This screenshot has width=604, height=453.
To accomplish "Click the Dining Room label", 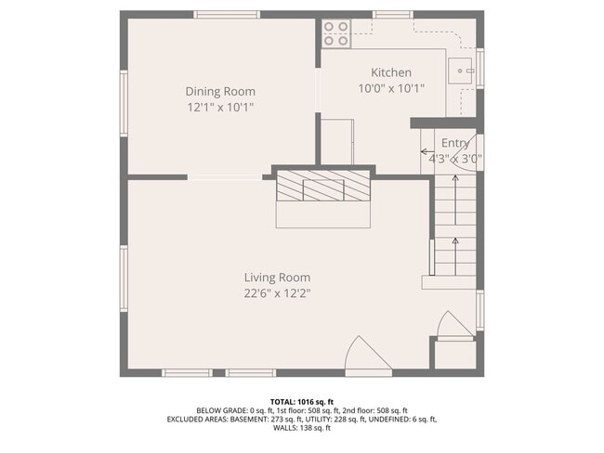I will (x=220, y=91).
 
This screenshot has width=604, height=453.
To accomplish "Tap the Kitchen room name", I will (x=391, y=72).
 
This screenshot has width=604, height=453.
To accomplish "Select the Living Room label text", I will (x=277, y=278).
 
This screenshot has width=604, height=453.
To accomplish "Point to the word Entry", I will (x=455, y=143).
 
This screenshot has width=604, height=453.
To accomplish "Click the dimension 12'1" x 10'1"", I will (x=220, y=107).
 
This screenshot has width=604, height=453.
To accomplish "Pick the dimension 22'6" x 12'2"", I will (x=277, y=293).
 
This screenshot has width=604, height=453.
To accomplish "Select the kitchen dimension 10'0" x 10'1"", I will (x=391, y=88).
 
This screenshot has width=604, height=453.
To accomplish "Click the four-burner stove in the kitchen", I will (x=335, y=33).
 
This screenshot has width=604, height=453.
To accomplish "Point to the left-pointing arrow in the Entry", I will (x=427, y=151).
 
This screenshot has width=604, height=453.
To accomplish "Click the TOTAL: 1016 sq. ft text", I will (x=302, y=401).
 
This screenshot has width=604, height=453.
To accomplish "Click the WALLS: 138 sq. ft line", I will (x=302, y=428).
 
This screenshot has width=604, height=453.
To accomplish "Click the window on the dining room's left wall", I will (x=124, y=102).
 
